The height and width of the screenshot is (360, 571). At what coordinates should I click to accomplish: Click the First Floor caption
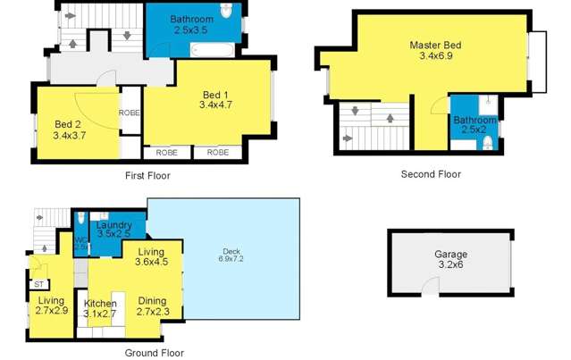pyautogui.click(x=147, y=176)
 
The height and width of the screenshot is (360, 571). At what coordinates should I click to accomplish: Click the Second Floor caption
pyautogui.click(x=431, y=174)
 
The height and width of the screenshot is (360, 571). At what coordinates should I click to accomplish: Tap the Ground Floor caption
pyautogui.click(x=154, y=353)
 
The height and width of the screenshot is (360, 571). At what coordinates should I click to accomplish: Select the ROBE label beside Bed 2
pyautogui.click(x=129, y=113)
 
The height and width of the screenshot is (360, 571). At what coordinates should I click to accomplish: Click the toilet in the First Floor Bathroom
pyautogui.click(x=227, y=15)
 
